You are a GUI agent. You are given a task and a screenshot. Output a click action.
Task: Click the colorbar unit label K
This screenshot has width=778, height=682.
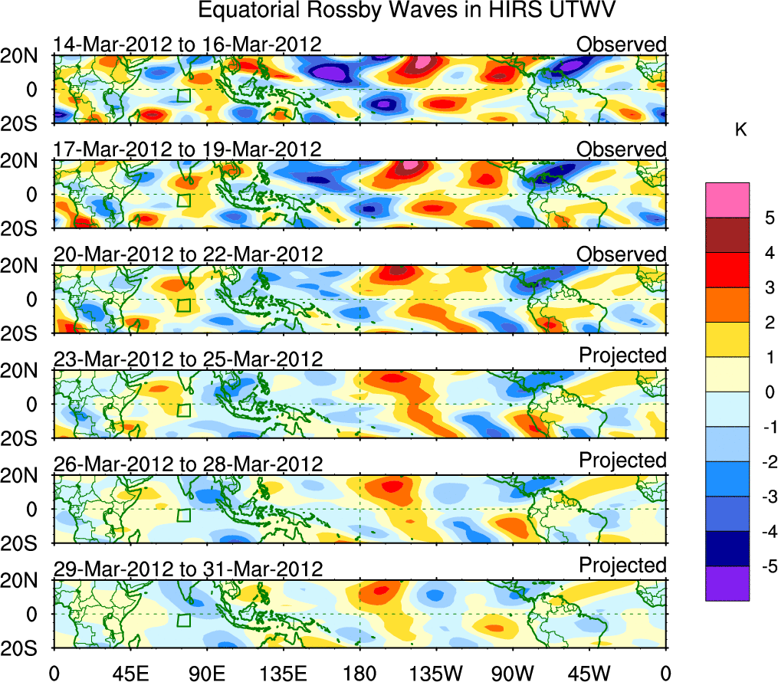pos(740,130)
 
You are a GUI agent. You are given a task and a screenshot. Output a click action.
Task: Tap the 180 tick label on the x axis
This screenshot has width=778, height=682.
pos(359,674)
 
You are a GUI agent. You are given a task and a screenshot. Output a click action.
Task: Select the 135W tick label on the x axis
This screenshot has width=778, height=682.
pos(436,674)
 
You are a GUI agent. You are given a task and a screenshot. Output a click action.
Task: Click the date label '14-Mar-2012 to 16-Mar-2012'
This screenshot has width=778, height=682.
pos(187,44)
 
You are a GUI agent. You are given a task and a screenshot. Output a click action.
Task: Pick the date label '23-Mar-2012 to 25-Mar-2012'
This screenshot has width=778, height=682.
pos(187,359)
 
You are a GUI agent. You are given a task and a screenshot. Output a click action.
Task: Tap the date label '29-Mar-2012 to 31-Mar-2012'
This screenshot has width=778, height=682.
pos(187,569)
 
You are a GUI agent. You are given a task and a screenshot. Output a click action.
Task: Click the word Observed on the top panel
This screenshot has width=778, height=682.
pos(622,44)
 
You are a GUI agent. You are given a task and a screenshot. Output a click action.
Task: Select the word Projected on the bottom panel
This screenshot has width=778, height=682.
pos(622,566)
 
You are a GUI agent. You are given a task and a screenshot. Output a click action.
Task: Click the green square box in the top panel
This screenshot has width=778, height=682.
pos(183,96)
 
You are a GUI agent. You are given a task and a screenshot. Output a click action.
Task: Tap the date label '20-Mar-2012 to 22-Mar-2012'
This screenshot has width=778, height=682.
pos(187,254)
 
